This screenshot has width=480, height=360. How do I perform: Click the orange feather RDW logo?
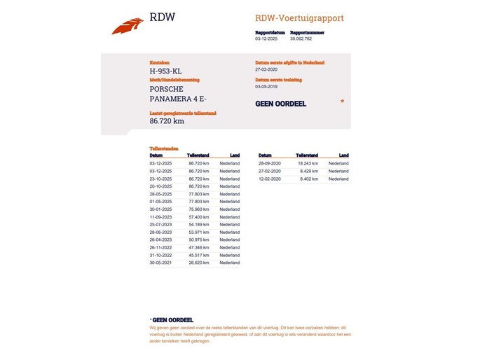pyautogui.click(x=128, y=26)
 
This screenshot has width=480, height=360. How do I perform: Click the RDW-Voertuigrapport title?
pyautogui.click(x=299, y=18)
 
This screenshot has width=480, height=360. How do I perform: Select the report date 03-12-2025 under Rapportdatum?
pyautogui.click(x=266, y=39)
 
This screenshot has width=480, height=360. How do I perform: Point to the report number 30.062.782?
pyautogui.click(x=301, y=39)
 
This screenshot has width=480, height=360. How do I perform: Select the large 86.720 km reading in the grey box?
pyautogui.click(x=167, y=120)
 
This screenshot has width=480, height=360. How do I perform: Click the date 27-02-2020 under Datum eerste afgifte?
pyautogui.click(x=267, y=69)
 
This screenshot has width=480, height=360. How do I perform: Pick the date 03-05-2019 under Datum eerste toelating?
pyautogui.click(x=267, y=87)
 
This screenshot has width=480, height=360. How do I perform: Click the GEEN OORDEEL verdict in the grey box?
pyautogui.click(x=281, y=104)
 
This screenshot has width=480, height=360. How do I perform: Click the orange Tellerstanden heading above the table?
pyautogui.click(x=164, y=148)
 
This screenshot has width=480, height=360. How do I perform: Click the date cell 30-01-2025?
pyautogui.click(x=161, y=209)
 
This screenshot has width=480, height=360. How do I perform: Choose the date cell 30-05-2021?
pyautogui.click(x=161, y=263)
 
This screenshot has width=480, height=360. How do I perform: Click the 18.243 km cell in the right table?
pyautogui.click(x=308, y=163)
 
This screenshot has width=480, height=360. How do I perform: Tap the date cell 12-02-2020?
pyautogui.click(x=270, y=179)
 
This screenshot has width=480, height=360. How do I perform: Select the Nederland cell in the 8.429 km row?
pyautogui.click(x=338, y=171)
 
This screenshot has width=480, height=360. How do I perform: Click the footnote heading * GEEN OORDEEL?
pyautogui.click(x=172, y=319)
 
